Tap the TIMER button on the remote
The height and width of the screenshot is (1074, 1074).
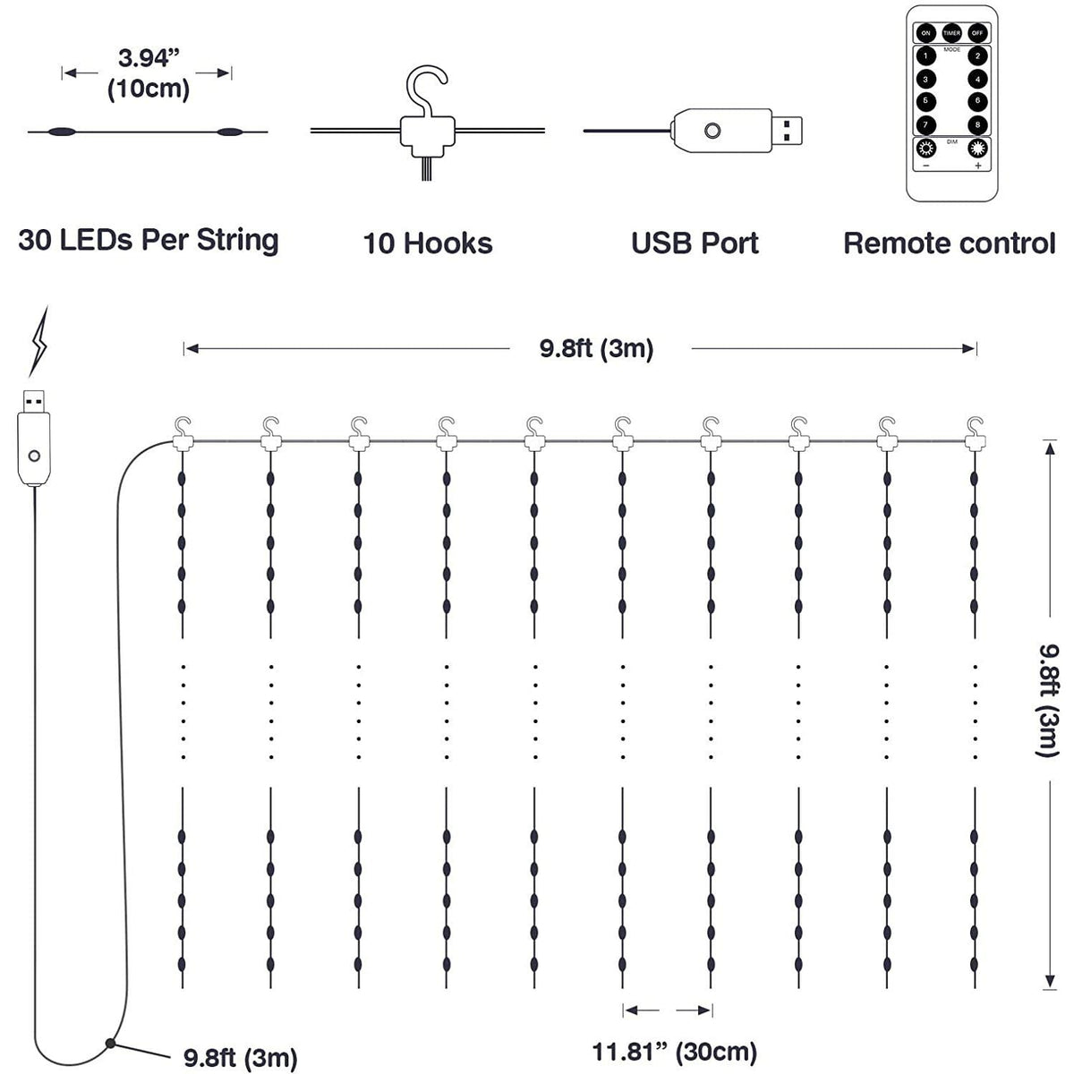pyautogui.click(x=951, y=33)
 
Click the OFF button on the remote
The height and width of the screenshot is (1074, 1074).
pyautogui.click(x=977, y=33)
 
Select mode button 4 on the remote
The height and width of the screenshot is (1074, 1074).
pyautogui.click(x=978, y=79)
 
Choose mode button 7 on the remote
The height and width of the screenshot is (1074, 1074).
pyautogui.click(x=925, y=124)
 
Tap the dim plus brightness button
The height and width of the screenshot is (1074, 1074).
pyautogui.click(x=977, y=149)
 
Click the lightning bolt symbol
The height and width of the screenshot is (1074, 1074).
pyautogui.click(x=40, y=342)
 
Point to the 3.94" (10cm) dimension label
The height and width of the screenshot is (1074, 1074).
pyautogui.click(x=149, y=73)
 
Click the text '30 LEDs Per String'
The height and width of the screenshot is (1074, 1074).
pyautogui.click(x=149, y=240)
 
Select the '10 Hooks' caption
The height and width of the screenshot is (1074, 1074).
pyautogui.click(x=428, y=243)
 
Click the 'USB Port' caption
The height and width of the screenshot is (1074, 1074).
pyautogui.click(x=695, y=243)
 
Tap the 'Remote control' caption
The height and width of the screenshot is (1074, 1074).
pyautogui.click(x=950, y=243)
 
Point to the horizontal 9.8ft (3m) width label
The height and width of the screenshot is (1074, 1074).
pyautogui.click(x=596, y=348)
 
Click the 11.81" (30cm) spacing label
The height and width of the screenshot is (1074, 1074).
pyautogui.click(x=674, y=1050)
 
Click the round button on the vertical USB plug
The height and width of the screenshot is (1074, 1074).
pyautogui.click(x=35, y=456)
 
